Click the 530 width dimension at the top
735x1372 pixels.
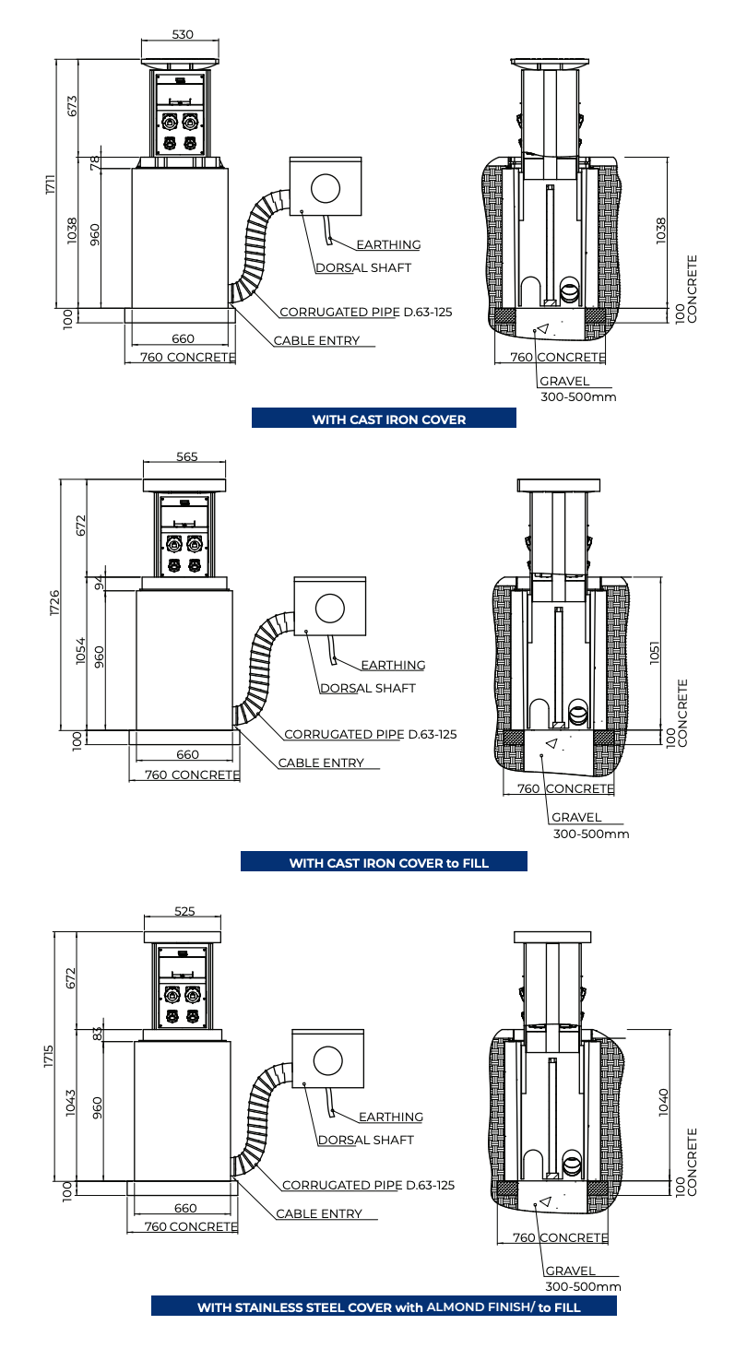183,34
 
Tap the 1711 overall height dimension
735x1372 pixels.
51,184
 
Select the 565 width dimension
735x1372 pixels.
187,456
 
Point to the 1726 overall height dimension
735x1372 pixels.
55,603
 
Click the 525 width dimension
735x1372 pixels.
184,911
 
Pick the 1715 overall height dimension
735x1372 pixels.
49,1057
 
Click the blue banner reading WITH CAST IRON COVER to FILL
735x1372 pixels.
384,861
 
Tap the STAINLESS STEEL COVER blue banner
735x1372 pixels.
384,1306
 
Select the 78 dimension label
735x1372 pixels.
95,163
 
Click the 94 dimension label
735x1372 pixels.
100,583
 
